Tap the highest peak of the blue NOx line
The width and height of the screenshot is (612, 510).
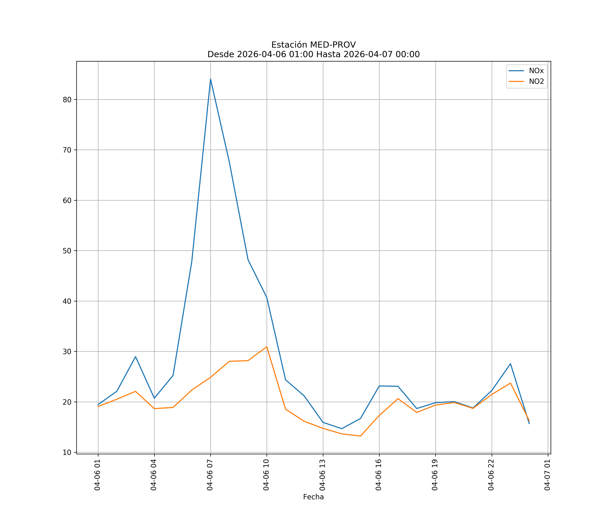(210, 79)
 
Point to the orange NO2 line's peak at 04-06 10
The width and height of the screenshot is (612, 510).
(267, 347)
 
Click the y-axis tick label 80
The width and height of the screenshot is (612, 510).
(67, 100)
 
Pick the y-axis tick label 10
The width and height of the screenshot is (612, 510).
(67, 452)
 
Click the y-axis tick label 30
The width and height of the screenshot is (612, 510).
(67, 351)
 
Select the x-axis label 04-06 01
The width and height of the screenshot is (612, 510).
(98, 475)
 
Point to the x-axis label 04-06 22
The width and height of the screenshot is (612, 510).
(491, 475)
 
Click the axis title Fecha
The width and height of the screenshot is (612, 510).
(313, 497)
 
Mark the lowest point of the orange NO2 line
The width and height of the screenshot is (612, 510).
(361, 436)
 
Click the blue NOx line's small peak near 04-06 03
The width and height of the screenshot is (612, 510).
(135, 356)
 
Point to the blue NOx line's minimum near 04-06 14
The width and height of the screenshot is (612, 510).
(342, 429)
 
